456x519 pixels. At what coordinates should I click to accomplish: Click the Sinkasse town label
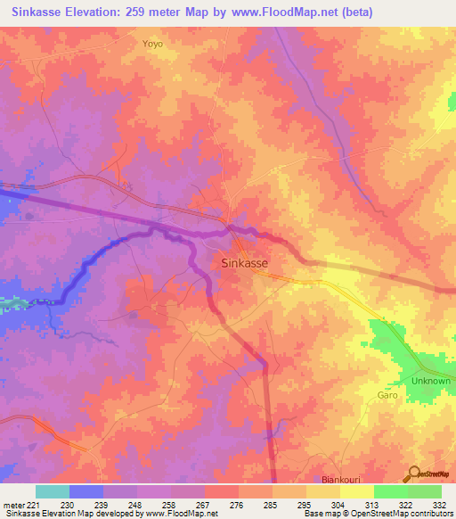click(x=244, y=263)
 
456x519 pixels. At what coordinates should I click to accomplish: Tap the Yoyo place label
click(x=153, y=42)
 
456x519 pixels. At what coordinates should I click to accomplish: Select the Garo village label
click(x=387, y=394)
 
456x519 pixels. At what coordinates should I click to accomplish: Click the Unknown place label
click(x=431, y=381)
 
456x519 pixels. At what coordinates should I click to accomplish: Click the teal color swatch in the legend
click(x=53, y=491)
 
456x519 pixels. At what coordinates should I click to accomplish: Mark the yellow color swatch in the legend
click(x=356, y=491)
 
